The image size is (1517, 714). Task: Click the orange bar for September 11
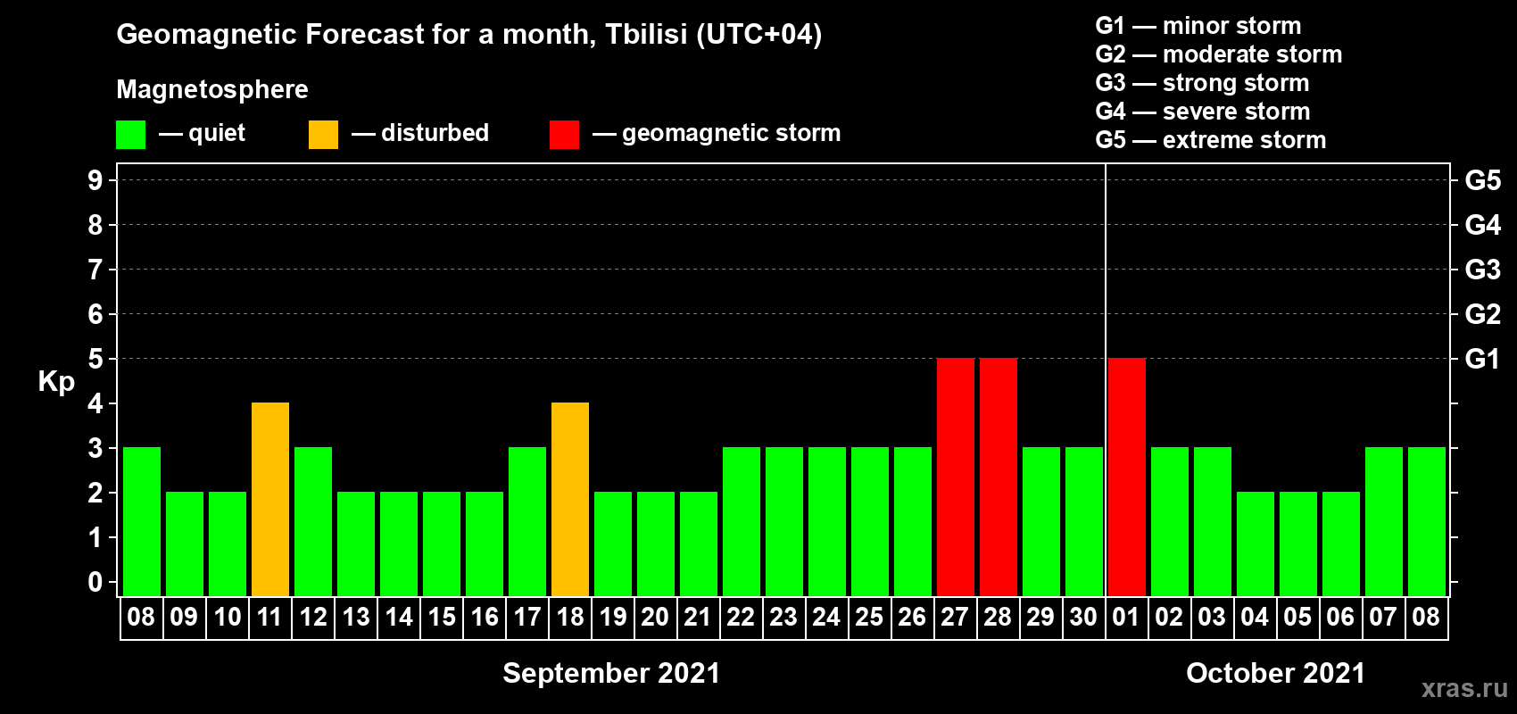270,499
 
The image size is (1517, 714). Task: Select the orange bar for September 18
570,499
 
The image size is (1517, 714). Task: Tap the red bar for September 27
956,477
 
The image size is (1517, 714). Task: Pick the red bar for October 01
1127,477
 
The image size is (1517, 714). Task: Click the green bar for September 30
1084,521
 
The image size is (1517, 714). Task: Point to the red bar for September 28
999,477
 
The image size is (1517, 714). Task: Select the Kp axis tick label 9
95,180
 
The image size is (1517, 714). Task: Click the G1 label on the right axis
1483,359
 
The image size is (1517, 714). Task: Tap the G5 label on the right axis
1483,180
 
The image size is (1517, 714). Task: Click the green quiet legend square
130,134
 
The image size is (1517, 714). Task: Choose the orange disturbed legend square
323,134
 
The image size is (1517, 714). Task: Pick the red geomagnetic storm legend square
565,134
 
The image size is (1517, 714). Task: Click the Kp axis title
56,381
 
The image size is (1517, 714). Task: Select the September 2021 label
611,673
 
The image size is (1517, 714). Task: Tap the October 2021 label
1276,673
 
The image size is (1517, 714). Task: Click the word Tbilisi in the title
646,34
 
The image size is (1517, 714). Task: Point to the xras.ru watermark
1464,689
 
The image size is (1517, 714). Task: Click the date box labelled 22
741,617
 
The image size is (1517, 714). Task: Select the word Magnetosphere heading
212,89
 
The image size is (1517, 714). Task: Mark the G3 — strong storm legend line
1202,83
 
